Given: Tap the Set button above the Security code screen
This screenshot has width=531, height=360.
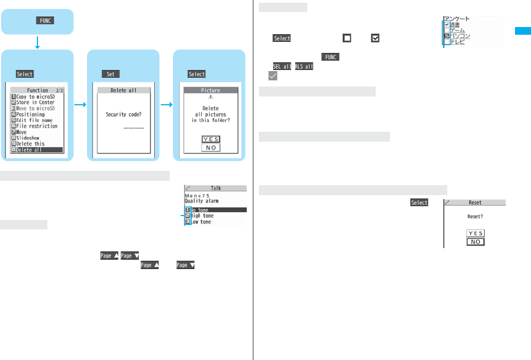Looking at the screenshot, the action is tap(110, 74).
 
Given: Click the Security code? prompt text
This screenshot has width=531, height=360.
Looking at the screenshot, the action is tap(124, 115).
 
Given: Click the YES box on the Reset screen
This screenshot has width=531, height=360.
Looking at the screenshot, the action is tap(475, 233).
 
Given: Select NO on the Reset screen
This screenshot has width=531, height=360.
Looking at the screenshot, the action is tap(475, 241).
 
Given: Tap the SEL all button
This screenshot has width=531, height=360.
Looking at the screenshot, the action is tap(282, 67).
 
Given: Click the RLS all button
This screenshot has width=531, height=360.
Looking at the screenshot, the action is tap(304, 67).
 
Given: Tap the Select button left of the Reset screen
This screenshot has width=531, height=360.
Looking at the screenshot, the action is tap(419, 203).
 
